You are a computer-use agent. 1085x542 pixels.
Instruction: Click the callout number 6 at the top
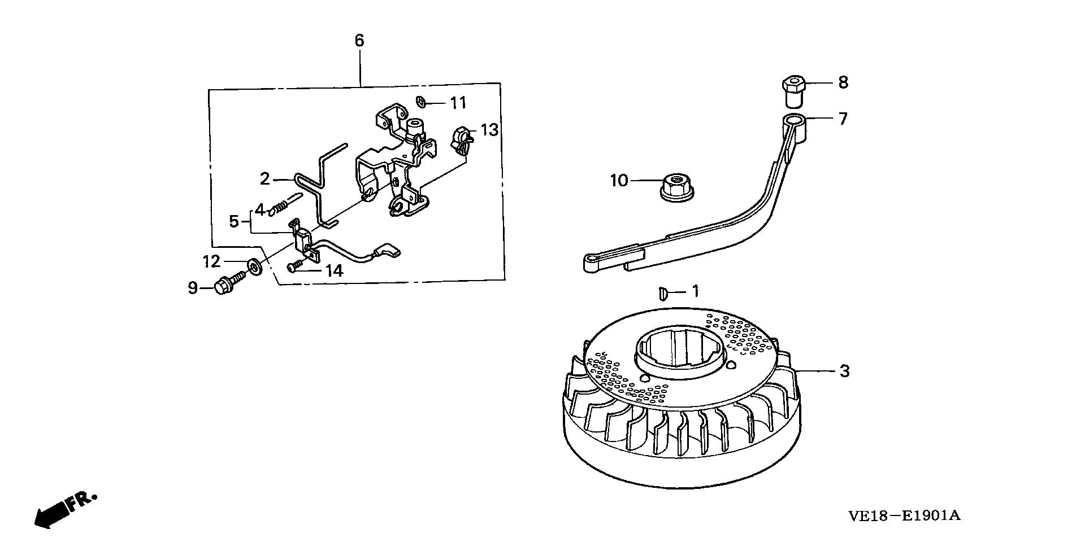(359, 41)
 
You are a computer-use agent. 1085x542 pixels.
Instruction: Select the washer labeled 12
(254, 265)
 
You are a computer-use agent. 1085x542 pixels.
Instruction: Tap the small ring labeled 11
(421, 102)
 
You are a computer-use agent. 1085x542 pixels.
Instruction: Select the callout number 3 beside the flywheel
(844, 371)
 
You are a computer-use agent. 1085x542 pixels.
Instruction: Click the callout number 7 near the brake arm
(843, 119)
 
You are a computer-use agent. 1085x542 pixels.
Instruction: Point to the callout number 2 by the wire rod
(264, 179)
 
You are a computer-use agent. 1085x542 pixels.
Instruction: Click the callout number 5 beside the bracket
(234, 221)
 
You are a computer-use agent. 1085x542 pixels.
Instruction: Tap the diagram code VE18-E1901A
(904, 516)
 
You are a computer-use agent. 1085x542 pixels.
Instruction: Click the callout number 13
(489, 130)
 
